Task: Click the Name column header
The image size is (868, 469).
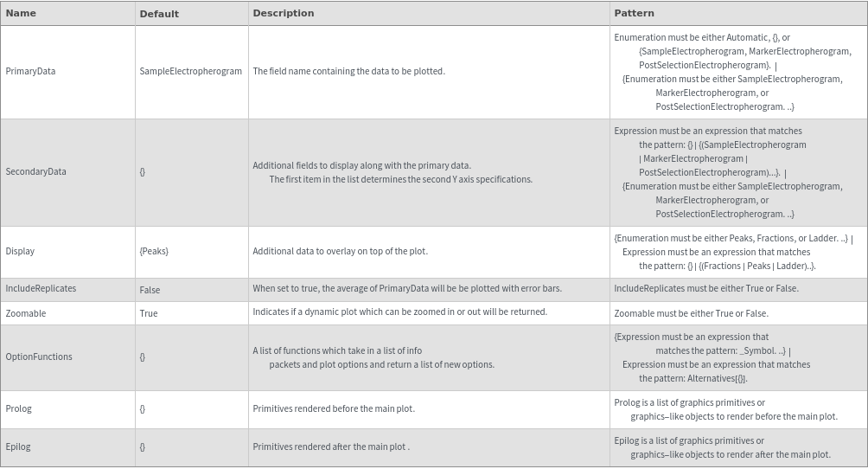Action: [x=21, y=13]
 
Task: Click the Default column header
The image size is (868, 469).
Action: [x=159, y=14]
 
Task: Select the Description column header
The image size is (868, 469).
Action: [x=283, y=13]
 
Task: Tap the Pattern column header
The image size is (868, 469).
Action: [x=634, y=13]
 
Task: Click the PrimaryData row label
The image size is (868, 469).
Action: [x=30, y=71]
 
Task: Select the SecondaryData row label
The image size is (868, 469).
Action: [x=35, y=171]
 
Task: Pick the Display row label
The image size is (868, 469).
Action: [x=20, y=251]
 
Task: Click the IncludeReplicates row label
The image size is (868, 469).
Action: [x=41, y=288]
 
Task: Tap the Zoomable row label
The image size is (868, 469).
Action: [x=26, y=313]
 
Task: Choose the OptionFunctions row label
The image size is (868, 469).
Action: [x=39, y=357]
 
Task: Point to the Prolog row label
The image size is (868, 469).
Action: [x=18, y=408]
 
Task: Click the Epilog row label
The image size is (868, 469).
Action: [x=18, y=447]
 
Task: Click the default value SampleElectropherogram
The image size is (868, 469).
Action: [x=190, y=71]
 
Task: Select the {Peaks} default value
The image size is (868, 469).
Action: [x=154, y=251]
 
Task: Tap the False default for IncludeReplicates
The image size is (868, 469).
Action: [x=150, y=290]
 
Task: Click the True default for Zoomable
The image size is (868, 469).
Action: [x=149, y=313]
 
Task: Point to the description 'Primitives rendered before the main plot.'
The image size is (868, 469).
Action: [x=333, y=408]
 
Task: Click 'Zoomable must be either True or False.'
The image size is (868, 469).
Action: [x=691, y=313]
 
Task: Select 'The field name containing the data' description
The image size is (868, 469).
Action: [x=348, y=71]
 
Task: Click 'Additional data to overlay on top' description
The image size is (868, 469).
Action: [x=340, y=251]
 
